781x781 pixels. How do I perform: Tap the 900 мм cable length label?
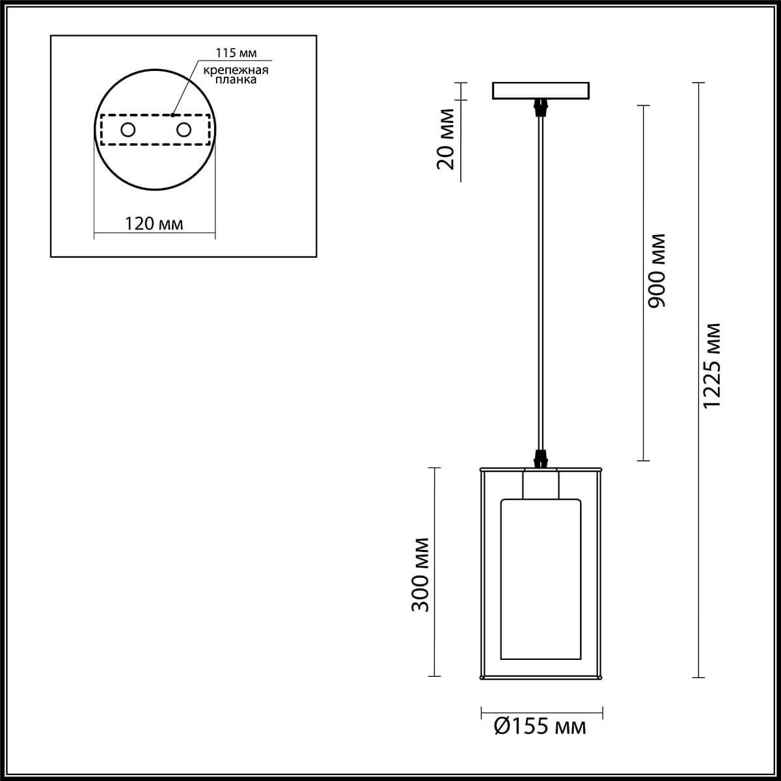point(658,269)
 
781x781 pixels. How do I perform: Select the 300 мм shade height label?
point(422,575)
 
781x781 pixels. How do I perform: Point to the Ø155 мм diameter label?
point(540,726)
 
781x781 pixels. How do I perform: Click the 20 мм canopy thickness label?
point(446,147)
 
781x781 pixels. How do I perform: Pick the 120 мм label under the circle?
point(154,224)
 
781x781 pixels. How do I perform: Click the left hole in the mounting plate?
point(128,130)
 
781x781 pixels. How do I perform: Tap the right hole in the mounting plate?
point(184,130)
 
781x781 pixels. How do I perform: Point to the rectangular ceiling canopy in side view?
point(540,90)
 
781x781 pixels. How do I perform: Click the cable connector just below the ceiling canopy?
point(540,107)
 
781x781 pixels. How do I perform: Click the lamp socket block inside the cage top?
point(540,485)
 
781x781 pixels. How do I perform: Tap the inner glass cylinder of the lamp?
point(540,579)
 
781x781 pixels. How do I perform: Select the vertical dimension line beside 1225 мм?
point(698,521)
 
